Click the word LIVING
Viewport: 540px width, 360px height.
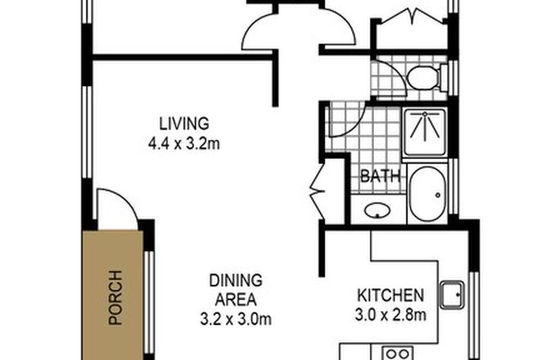(184, 124)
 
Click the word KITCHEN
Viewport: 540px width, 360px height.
(389, 295)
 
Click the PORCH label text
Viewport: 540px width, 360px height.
(114, 298)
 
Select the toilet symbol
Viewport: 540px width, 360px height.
(423, 79)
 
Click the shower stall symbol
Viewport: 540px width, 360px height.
(424, 130)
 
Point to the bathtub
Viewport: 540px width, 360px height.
(426, 194)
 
